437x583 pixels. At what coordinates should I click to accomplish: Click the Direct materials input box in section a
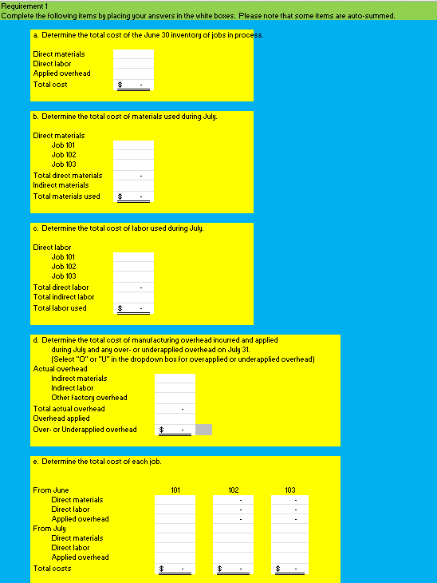[133, 54]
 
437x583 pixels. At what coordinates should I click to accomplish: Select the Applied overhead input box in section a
[133, 73]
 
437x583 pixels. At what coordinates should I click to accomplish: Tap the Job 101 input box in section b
[133, 145]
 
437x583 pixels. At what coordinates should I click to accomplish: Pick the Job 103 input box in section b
[133, 165]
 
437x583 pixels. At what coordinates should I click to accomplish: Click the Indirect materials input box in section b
[133, 185]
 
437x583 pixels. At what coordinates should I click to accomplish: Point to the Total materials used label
[66, 196]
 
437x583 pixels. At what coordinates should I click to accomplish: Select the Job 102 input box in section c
[133, 267]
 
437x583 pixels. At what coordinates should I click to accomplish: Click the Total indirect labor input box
[133, 297]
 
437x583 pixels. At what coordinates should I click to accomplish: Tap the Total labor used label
[60, 308]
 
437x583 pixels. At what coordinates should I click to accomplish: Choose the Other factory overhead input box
[175, 398]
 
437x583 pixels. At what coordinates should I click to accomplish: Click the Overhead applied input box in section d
[175, 418]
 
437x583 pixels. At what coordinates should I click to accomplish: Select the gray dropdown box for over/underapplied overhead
[203, 430]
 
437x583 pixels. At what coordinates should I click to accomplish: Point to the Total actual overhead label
[69, 409]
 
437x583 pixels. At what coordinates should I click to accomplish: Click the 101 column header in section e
[175, 490]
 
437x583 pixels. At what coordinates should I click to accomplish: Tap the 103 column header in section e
[289, 490]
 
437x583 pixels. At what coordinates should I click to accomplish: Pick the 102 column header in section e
[233, 490]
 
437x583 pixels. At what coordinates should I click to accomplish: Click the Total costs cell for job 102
[233, 569]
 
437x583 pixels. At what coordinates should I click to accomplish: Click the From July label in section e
[49, 529]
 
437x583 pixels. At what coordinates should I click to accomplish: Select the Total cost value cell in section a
[133, 85]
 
